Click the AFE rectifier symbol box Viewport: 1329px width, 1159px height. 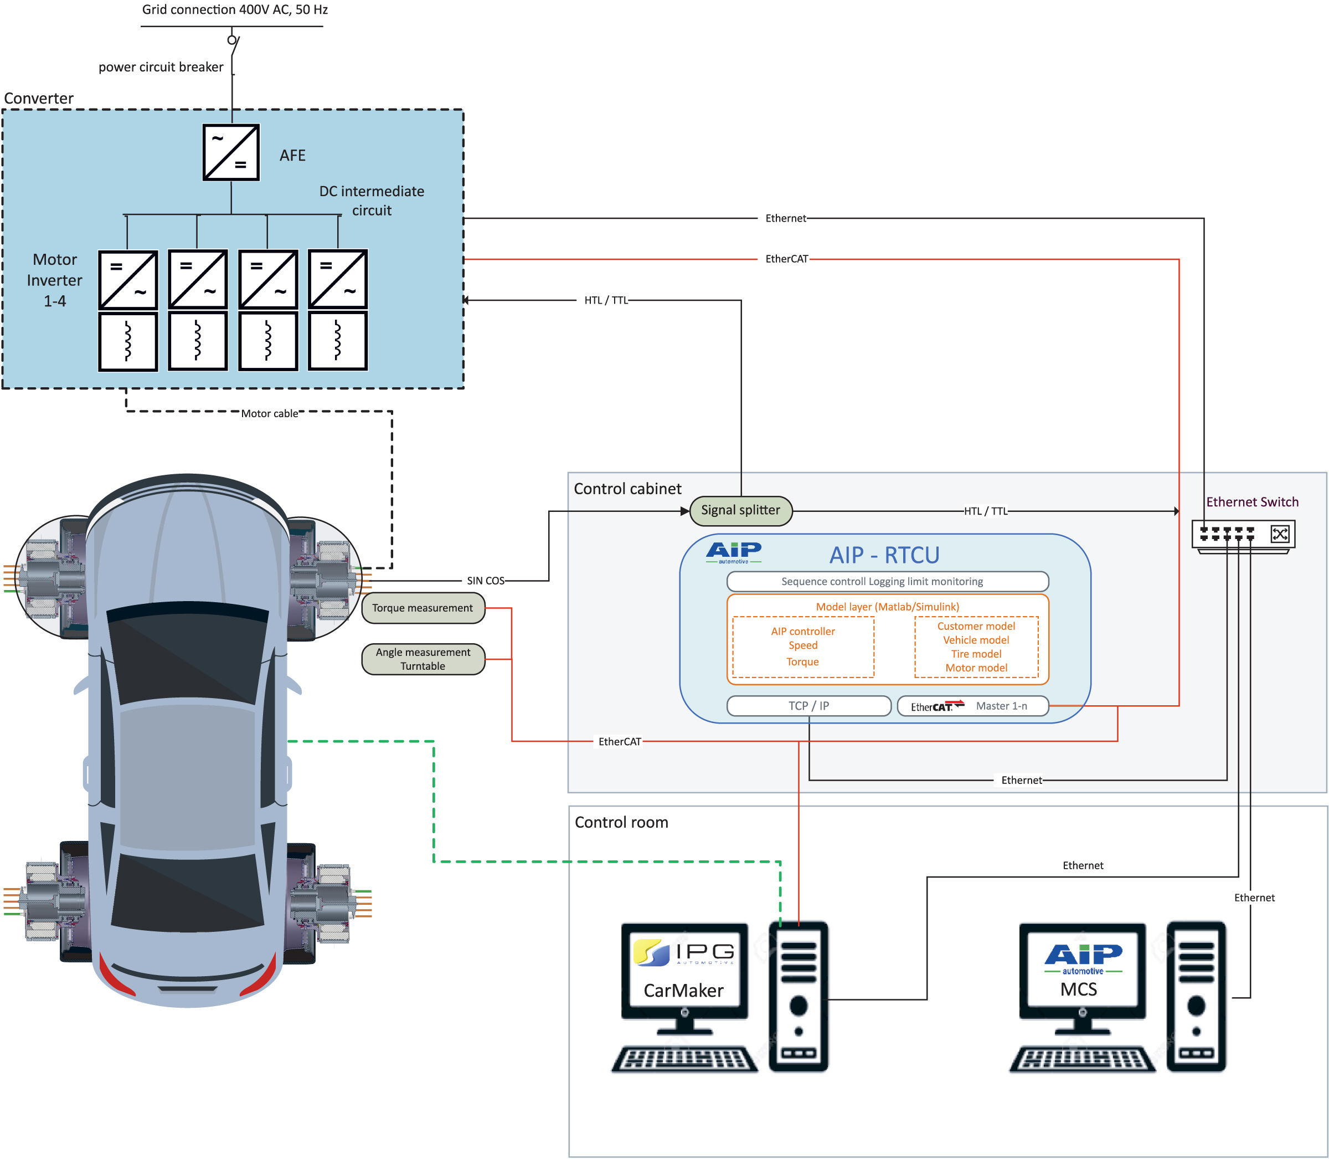click(231, 153)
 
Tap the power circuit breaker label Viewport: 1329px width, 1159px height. click(161, 67)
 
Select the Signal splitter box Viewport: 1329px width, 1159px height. click(740, 510)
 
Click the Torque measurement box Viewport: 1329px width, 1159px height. click(423, 608)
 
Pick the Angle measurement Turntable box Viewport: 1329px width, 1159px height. click(423, 659)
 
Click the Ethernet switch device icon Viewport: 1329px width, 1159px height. click(1243, 536)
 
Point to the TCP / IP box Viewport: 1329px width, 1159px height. click(808, 706)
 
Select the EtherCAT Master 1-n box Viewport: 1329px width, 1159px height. click(972, 706)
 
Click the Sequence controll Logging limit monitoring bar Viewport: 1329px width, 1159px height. click(887, 582)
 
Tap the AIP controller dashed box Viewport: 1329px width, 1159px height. click(803, 647)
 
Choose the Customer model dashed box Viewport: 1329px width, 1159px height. click(976, 647)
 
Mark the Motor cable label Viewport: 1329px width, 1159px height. click(270, 413)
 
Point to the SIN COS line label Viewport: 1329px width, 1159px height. click(486, 581)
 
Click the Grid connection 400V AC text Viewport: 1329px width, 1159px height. click(235, 10)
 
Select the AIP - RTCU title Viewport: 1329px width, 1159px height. click(884, 555)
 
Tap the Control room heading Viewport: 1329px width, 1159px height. click(621, 822)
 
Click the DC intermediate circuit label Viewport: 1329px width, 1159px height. click(372, 201)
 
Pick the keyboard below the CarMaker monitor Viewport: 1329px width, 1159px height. click(684, 1059)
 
